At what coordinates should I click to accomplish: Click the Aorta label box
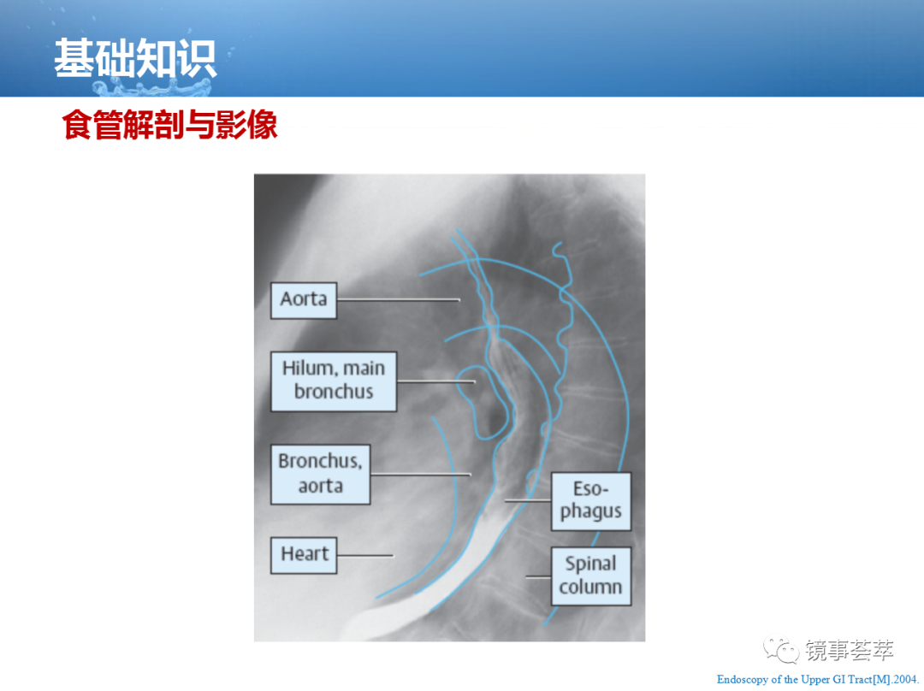304,300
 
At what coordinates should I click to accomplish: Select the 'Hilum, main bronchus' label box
334,381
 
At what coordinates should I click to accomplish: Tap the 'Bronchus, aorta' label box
321,475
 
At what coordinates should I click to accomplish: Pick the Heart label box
304,555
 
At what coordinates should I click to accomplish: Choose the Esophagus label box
591,501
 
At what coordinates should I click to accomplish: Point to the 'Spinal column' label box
591,576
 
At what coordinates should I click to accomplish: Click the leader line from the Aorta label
399,300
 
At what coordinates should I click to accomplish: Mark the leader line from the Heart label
364,555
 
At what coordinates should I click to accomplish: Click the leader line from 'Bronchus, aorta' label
421,475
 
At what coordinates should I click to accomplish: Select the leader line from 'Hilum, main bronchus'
436,381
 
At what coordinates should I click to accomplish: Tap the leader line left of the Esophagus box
528,501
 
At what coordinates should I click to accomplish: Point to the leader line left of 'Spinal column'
539,576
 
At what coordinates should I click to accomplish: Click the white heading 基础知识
135,58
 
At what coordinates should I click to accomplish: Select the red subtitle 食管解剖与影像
169,125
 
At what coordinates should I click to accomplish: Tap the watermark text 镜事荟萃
850,650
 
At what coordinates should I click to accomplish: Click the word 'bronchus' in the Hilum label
334,392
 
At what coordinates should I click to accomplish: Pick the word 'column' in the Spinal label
590,587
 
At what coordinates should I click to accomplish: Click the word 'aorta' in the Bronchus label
321,486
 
